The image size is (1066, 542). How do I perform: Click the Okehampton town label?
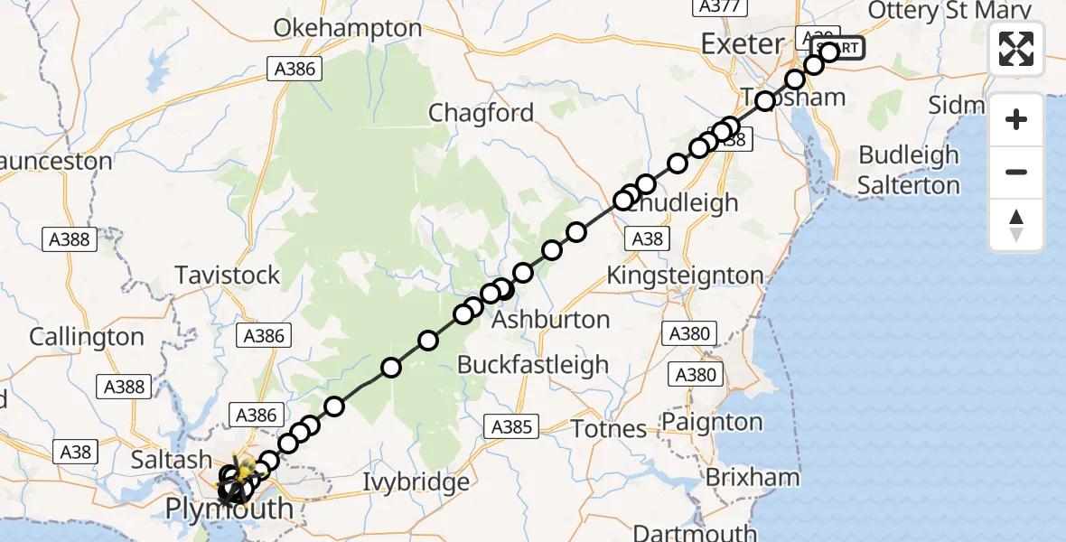348,28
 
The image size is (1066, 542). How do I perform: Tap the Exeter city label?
743,43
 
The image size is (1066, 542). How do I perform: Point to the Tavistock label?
228,275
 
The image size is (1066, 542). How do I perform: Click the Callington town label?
87,337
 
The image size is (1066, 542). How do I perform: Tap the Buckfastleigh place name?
533,365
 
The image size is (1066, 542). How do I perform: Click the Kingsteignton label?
686,275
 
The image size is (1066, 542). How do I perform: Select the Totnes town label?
611,428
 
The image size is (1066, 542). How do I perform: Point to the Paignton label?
712,422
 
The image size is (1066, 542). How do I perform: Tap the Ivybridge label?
416,481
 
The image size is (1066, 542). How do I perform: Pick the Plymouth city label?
229,509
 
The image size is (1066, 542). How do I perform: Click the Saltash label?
172,459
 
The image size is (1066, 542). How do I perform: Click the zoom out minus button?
1016,172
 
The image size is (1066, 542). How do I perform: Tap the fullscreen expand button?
1016,49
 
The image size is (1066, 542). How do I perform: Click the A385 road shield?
512,426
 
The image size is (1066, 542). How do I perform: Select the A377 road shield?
719,6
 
